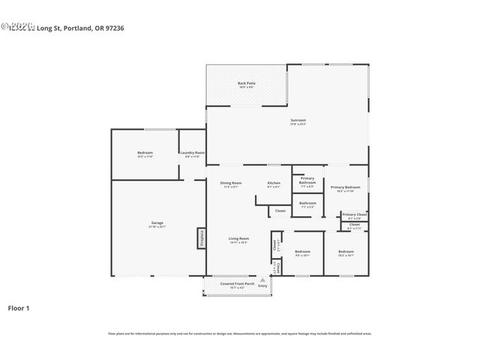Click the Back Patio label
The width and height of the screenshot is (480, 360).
(x=247, y=84)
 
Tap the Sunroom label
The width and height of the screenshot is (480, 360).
(x=298, y=121)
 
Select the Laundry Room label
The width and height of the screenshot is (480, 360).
(x=193, y=154)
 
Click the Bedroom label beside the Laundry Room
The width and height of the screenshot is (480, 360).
(x=145, y=154)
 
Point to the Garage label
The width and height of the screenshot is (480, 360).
(x=157, y=224)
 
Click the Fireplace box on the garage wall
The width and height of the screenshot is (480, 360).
(x=201, y=238)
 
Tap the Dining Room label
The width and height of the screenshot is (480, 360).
(x=231, y=184)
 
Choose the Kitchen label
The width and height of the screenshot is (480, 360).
(x=274, y=184)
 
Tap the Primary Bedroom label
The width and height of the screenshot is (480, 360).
(x=346, y=188)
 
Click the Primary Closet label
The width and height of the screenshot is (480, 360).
(x=355, y=215)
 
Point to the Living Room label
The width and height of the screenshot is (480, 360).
(x=238, y=240)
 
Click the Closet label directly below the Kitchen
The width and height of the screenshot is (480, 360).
(x=280, y=211)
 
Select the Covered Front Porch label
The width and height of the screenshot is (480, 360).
(x=232, y=285)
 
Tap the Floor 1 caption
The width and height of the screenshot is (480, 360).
(x=19, y=307)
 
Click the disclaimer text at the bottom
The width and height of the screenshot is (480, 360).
(x=239, y=333)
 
